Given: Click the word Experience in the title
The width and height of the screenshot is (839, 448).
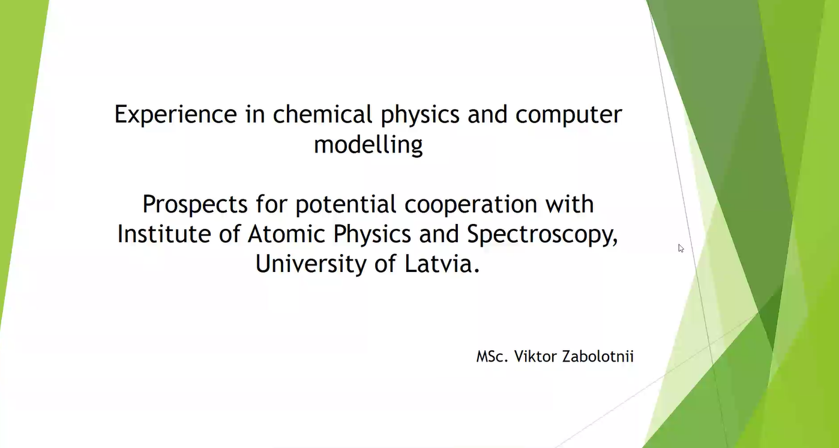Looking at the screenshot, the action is [176, 114].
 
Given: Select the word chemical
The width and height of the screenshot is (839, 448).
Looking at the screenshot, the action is [322, 114].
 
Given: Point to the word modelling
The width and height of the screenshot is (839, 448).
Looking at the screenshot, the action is [368, 145].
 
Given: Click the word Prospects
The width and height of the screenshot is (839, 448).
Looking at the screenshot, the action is [195, 205].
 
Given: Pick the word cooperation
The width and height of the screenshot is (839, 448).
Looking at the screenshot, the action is [471, 205].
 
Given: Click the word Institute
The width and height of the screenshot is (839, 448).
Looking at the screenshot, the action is [164, 234].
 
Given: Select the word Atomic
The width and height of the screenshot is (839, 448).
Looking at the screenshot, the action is [286, 234].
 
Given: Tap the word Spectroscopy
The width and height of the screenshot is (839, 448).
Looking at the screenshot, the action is [542, 235].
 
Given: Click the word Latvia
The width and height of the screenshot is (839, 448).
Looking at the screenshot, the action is [442, 264].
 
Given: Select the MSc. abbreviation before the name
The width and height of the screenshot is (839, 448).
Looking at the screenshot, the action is [492, 357].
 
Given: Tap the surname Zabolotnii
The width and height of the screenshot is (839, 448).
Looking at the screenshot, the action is [598, 356].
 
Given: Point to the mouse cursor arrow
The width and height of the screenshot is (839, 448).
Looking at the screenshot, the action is [681, 248].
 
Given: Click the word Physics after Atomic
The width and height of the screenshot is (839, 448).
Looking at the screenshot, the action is [372, 235].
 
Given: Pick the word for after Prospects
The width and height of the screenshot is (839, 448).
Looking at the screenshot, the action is [271, 204].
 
